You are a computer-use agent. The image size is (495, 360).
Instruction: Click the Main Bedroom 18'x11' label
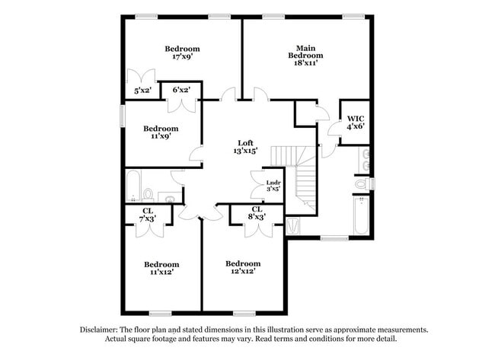click(x=305, y=55)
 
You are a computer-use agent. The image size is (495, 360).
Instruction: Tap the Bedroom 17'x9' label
click(x=183, y=52)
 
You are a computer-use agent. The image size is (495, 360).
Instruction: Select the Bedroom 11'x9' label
click(x=161, y=132)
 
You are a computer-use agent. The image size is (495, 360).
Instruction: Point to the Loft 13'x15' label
click(x=245, y=146)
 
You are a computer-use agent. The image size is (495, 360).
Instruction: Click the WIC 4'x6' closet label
click(x=356, y=123)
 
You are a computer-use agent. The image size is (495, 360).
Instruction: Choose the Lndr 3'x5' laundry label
click(x=273, y=186)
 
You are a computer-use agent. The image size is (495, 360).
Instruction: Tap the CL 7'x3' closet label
click(x=148, y=215)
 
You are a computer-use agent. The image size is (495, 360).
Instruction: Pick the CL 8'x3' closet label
click(x=257, y=213)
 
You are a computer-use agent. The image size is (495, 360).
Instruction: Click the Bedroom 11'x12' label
click(x=161, y=268)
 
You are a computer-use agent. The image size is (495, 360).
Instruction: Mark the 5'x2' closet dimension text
click(x=142, y=91)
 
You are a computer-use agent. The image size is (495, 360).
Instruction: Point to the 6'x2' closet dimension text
click(x=181, y=91)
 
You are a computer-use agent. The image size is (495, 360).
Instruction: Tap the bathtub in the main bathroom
click(x=361, y=218)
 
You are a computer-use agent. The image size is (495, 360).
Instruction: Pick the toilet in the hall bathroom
click(x=149, y=193)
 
